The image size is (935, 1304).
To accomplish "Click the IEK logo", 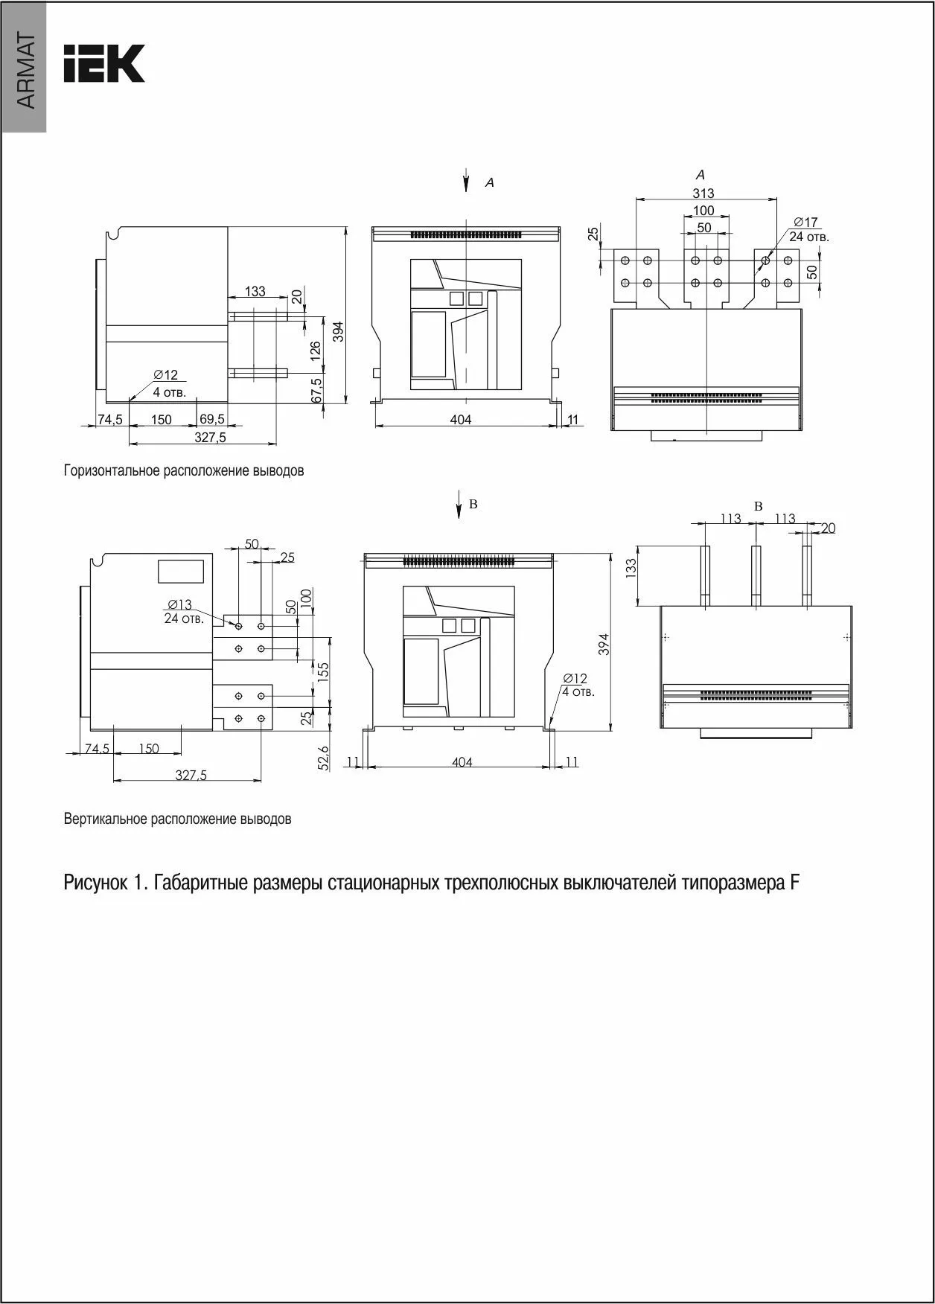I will click(103, 63).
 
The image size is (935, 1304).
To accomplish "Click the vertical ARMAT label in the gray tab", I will click(25, 71).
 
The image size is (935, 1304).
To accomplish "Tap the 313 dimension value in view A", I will click(703, 194).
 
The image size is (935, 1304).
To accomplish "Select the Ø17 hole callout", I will click(805, 222).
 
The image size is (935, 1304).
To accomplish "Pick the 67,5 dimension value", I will click(315, 389).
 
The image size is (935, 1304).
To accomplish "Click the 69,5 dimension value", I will click(212, 419).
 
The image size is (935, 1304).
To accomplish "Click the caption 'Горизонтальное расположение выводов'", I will click(184, 471).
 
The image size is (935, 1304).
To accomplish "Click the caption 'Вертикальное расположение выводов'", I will click(177, 819).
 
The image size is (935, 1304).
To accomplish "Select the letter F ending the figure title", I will click(794, 883).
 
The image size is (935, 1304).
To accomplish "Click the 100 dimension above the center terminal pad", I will click(703, 211).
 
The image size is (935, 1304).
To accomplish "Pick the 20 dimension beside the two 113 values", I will click(828, 528).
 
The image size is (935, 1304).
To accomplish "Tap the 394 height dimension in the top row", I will click(338, 330).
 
